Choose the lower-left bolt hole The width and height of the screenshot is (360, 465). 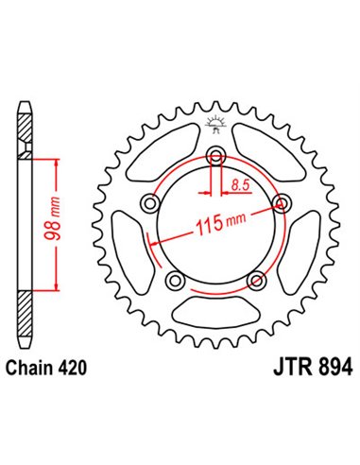pyautogui.click(x=175, y=281)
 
